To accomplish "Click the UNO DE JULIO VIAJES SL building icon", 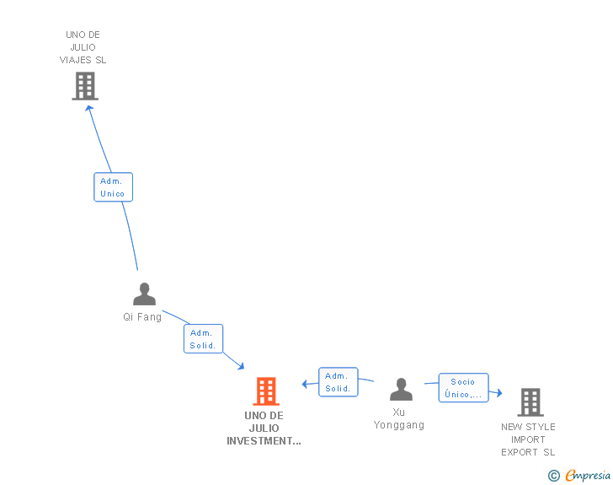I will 84,86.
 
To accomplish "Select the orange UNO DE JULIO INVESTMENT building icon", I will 266,391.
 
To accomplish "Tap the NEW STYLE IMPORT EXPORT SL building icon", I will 530,402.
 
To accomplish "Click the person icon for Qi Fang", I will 144,294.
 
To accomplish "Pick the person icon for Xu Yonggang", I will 401,390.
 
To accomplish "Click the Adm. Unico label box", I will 112,187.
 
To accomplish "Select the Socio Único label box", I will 462,388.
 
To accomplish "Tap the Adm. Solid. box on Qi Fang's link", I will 203,339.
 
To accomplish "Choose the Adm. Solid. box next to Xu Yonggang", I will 338,382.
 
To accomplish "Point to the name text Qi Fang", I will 142,317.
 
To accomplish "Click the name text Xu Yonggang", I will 399,418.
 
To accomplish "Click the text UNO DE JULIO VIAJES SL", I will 83,47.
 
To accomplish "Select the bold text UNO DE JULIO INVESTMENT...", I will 264,428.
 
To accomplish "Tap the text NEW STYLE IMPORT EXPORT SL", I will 528,439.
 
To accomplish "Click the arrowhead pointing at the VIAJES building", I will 88,108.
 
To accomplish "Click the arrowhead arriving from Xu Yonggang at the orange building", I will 305,385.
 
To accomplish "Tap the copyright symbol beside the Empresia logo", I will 554,476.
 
